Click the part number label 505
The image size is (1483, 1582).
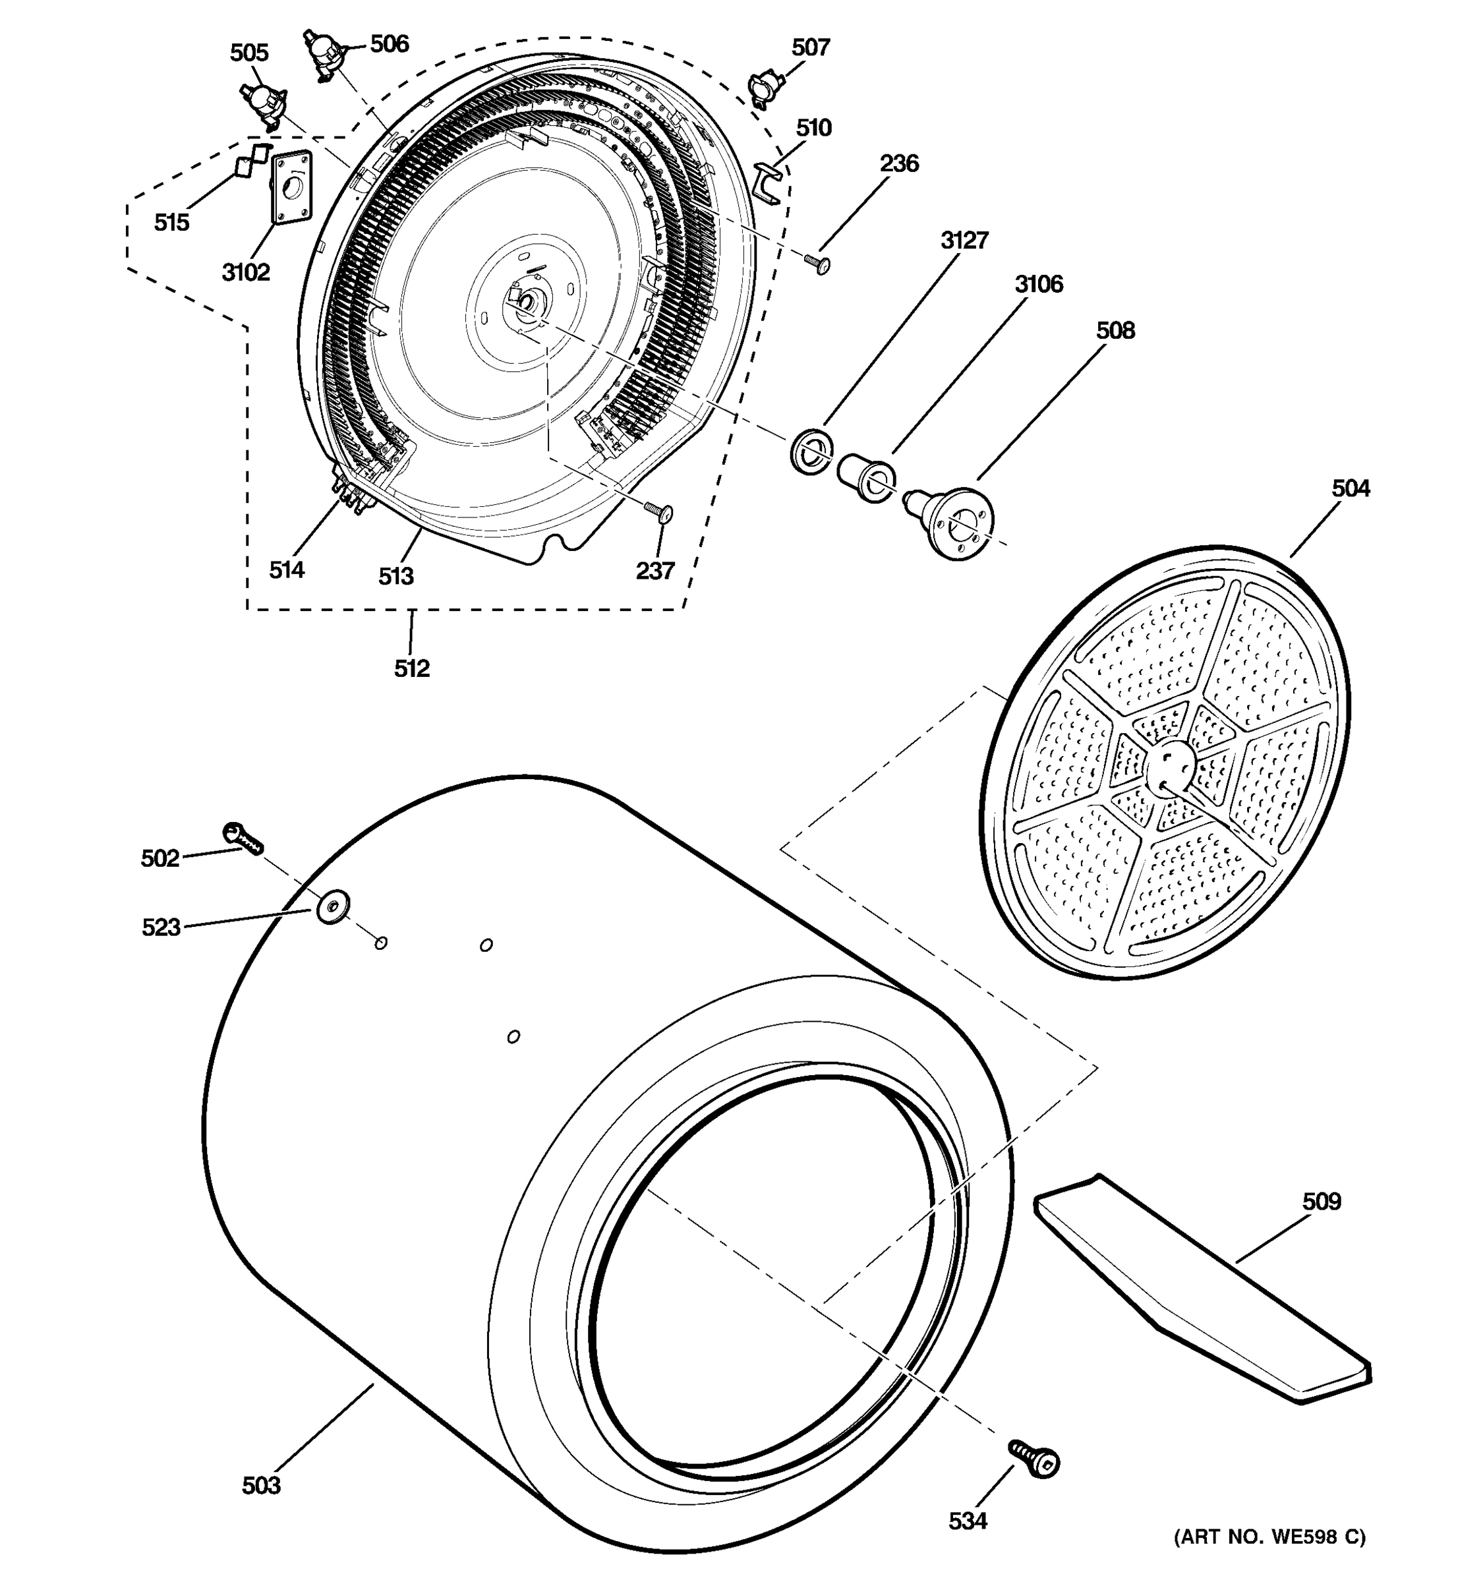pyautogui.click(x=249, y=53)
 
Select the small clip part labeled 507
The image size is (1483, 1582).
pyautogui.click(x=763, y=90)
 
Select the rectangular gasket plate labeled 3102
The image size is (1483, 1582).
pyautogui.click(x=291, y=186)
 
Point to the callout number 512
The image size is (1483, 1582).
pyautogui.click(x=411, y=668)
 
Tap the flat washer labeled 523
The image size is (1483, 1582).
pyautogui.click(x=334, y=906)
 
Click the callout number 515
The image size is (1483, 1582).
pyautogui.click(x=171, y=223)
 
